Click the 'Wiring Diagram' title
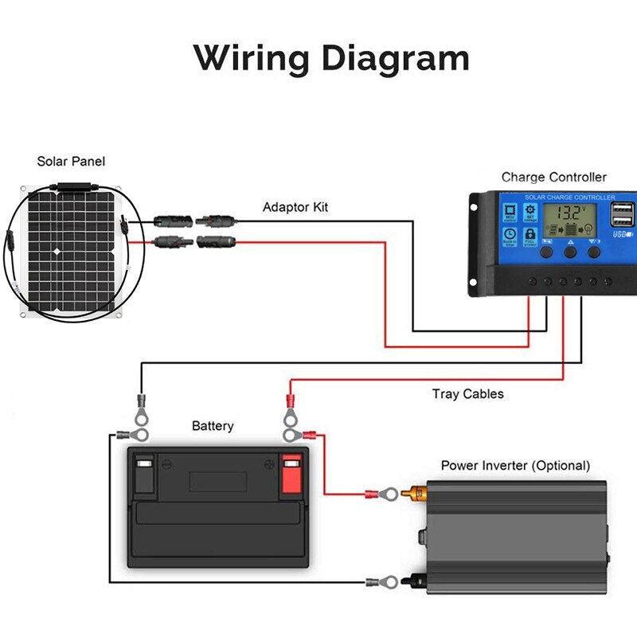330,60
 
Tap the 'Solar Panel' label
71,162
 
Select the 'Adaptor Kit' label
295,208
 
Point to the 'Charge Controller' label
553,178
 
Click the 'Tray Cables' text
468,394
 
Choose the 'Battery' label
213,426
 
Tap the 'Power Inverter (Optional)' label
515,465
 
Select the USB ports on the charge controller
623,216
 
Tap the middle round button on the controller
571,252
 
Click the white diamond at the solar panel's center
57,252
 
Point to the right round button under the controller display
594,252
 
